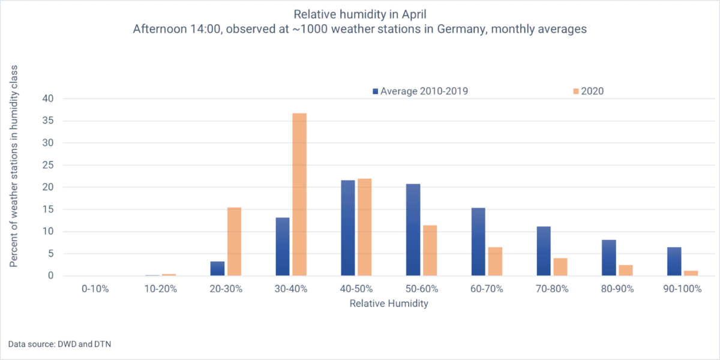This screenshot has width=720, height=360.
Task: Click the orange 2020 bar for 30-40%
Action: [299, 194]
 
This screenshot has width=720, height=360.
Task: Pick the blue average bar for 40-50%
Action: [348, 228]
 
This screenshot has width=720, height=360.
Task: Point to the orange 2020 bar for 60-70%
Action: [494, 261]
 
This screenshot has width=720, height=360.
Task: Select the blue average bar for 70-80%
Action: [544, 251]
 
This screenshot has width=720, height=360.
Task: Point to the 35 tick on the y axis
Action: [49, 121]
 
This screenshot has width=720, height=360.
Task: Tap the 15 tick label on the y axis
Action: [49, 209]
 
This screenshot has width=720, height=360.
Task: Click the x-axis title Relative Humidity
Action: [389, 304]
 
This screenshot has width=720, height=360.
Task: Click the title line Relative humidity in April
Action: [359, 13]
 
